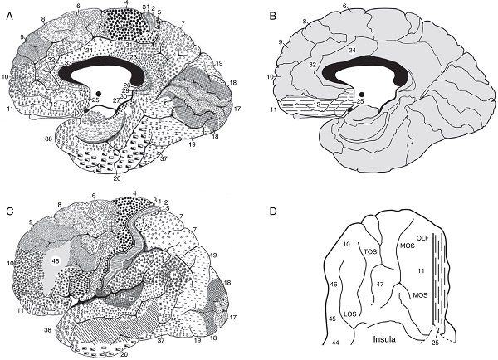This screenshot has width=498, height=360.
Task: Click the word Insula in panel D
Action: coord(379,338)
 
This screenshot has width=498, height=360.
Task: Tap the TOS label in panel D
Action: coord(370,251)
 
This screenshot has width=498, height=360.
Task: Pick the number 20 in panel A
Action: coord(113,177)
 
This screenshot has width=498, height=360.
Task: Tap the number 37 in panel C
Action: coord(159,339)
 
